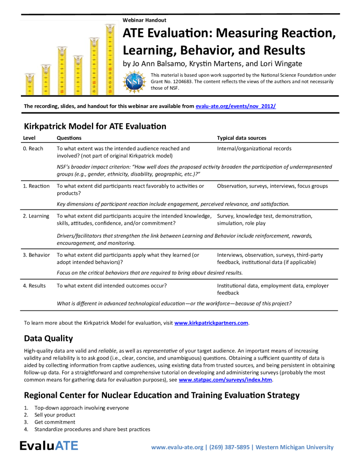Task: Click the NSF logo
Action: [x=133, y=81]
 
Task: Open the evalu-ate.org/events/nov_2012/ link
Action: [x=235, y=106]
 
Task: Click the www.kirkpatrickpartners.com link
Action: [x=212, y=323]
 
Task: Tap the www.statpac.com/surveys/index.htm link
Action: [x=225, y=379]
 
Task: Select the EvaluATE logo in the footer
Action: [x=49, y=446]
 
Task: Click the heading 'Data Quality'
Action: [x=48, y=339]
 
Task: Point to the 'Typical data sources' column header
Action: [x=242, y=138]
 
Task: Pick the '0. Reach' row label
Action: [x=33, y=148]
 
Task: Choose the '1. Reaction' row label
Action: [x=36, y=186]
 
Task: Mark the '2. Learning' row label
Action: [x=36, y=216]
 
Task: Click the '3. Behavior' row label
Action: [x=36, y=255]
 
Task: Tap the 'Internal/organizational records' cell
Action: [x=254, y=148]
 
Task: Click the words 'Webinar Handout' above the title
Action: [x=144, y=20]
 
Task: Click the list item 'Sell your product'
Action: [x=55, y=415]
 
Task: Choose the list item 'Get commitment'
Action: [x=55, y=422]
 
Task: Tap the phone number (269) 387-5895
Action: [x=229, y=447]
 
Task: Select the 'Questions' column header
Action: [x=69, y=138]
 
